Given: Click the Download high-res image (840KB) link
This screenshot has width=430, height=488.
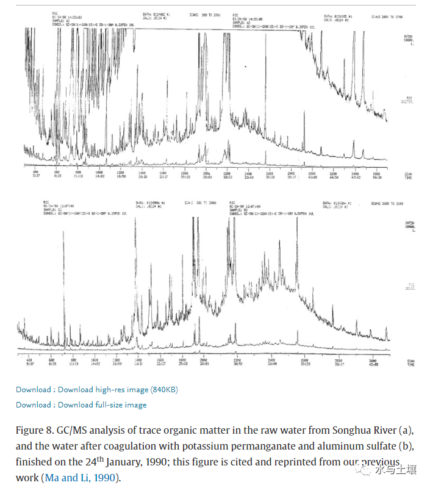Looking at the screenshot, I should coord(118,389).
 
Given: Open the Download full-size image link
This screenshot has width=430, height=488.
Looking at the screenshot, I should coord(102,404).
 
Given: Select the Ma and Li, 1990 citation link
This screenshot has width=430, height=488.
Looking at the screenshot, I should coord(79,478).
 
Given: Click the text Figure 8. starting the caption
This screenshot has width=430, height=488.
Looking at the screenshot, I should coord(34,431).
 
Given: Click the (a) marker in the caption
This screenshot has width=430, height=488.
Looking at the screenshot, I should coord(405,431).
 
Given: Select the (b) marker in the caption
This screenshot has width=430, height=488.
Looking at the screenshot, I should coord(406,447).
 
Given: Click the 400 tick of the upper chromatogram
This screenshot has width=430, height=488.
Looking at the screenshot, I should coord(35,173).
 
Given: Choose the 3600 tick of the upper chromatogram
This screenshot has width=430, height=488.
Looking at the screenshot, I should coord(377,173).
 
